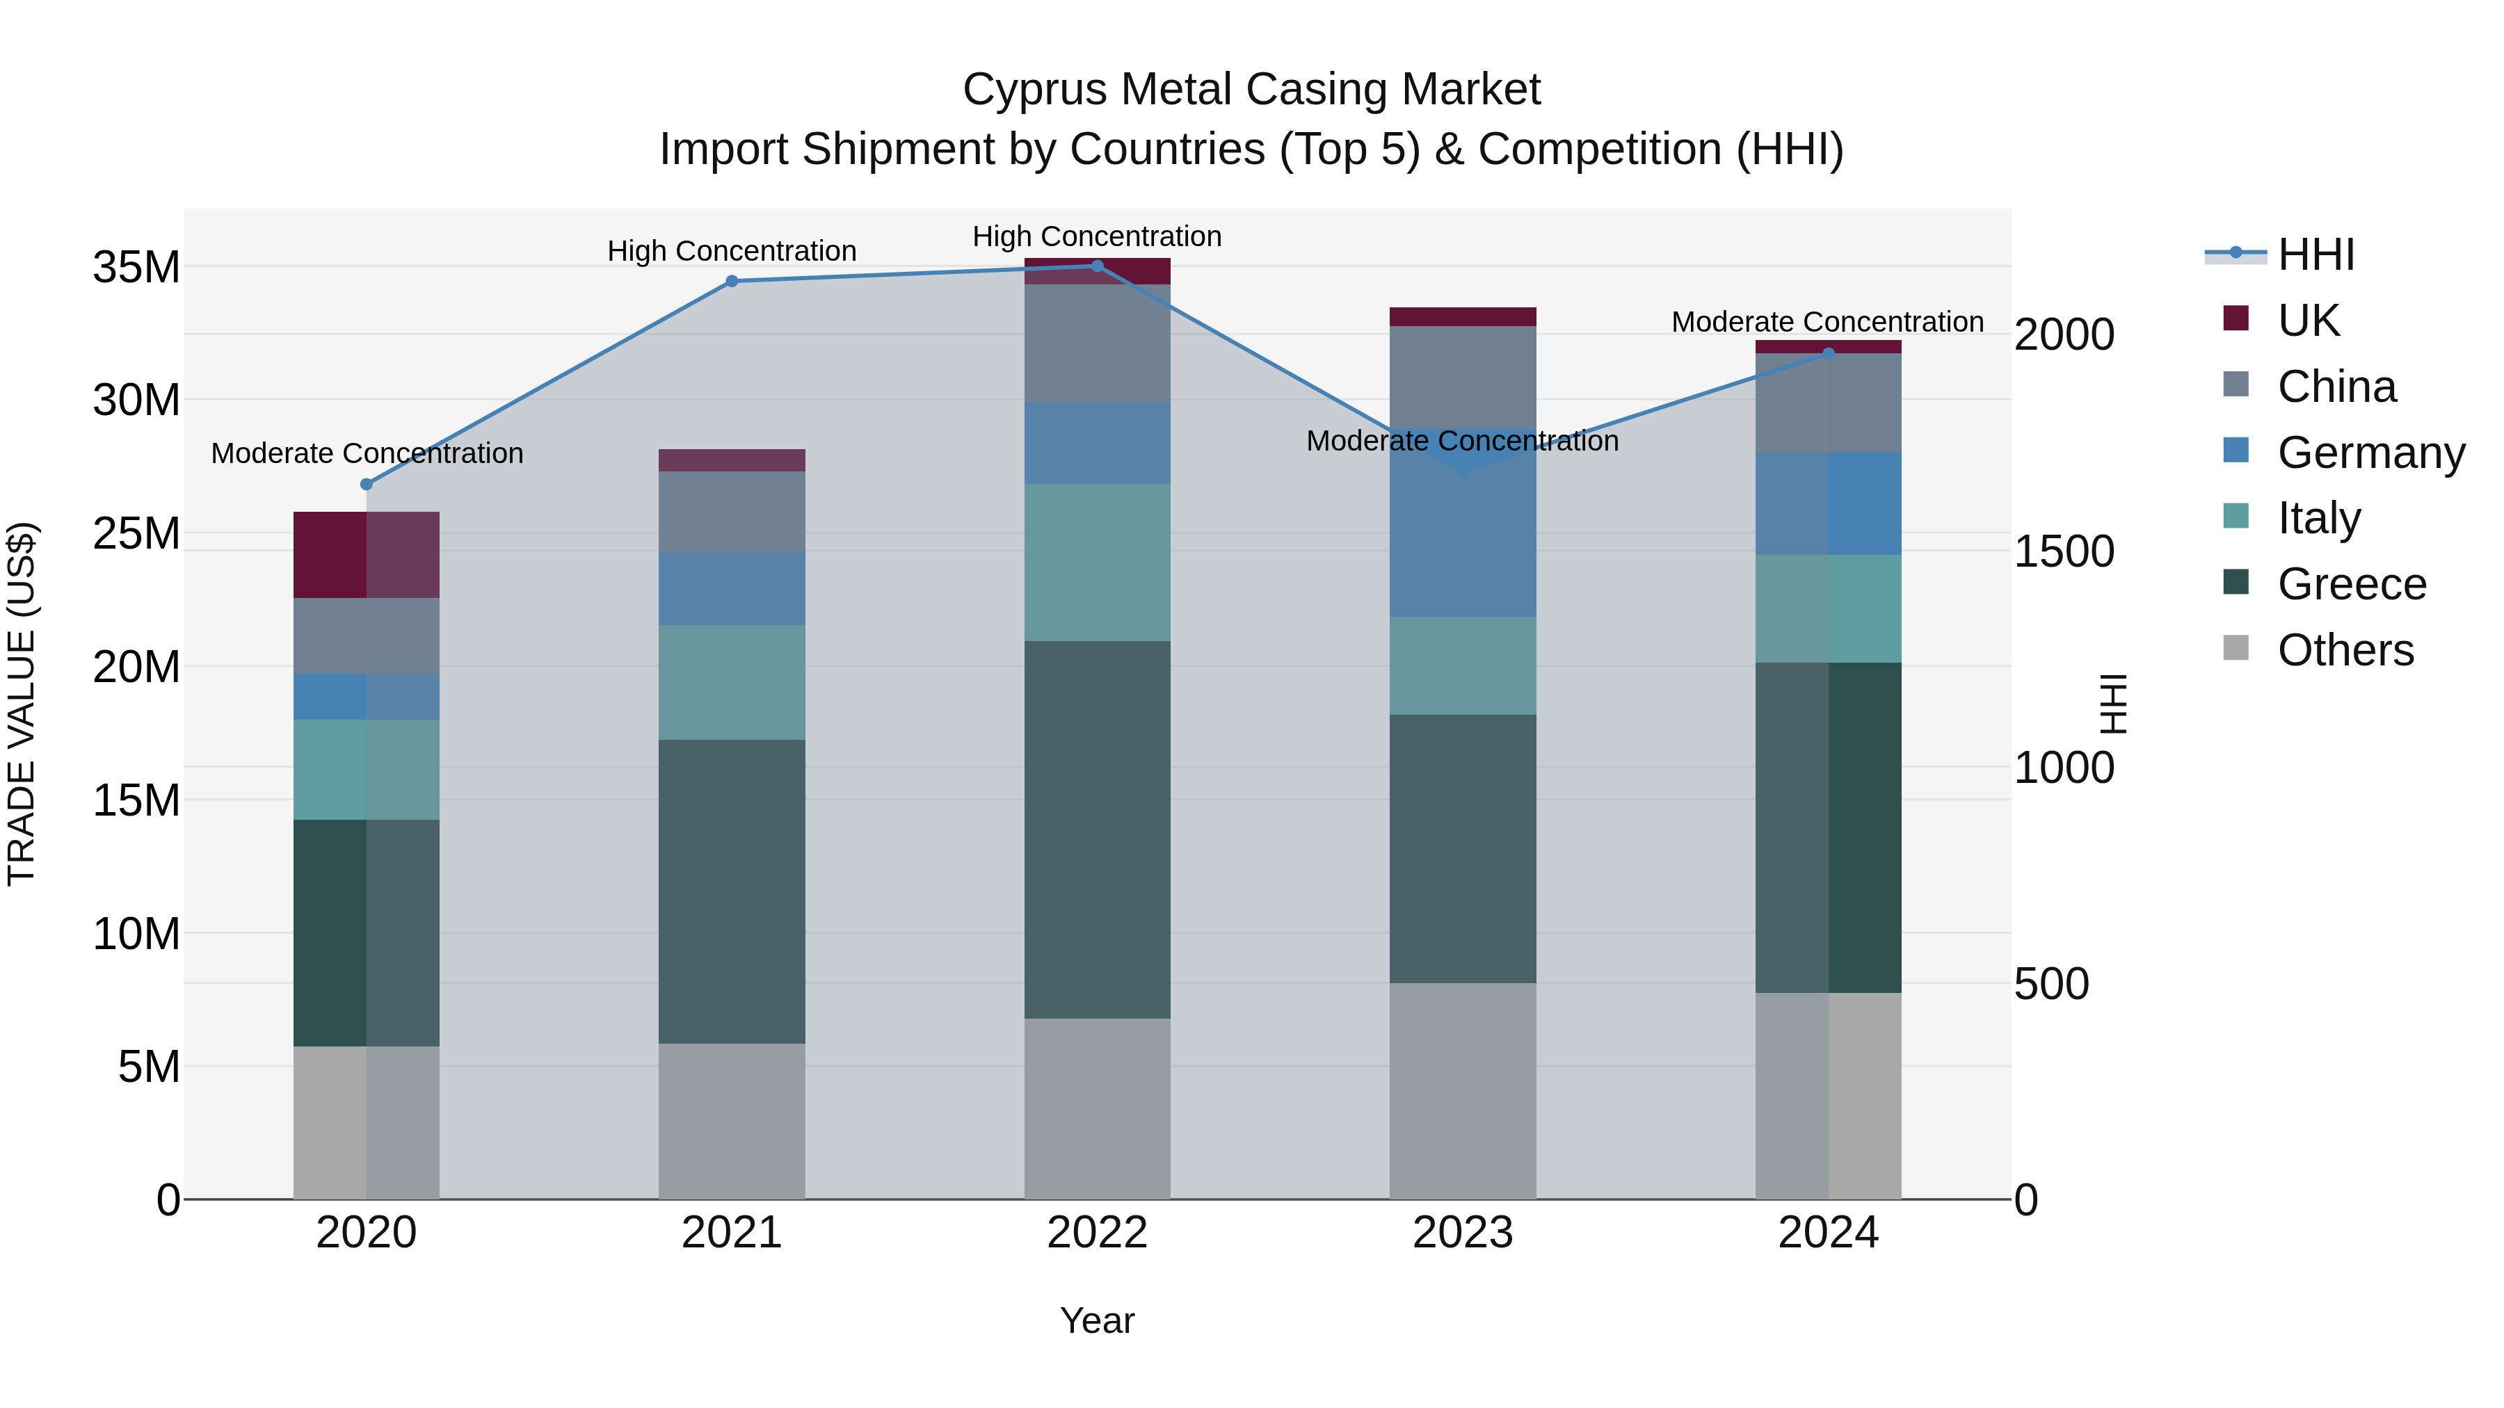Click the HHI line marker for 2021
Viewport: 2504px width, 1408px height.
click(732, 282)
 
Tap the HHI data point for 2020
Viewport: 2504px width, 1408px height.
click(367, 485)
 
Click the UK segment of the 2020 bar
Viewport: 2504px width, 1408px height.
click(367, 555)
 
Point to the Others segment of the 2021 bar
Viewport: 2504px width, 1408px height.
click(732, 1122)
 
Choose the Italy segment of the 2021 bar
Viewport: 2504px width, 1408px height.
click(732, 682)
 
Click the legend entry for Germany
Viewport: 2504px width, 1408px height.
click(2370, 453)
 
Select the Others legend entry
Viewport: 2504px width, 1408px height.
click(2345, 650)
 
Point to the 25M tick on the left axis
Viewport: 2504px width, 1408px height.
click(136, 533)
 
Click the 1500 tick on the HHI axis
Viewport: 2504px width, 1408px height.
click(2064, 552)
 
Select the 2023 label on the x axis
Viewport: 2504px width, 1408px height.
click(1463, 1233)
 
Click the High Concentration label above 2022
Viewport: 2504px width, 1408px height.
click(1098, 236)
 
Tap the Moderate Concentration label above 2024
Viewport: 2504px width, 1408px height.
click(1827, 322)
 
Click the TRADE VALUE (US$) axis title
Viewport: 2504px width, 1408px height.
click(22, 704)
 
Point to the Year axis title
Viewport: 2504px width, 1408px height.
click(1098, 1320)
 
